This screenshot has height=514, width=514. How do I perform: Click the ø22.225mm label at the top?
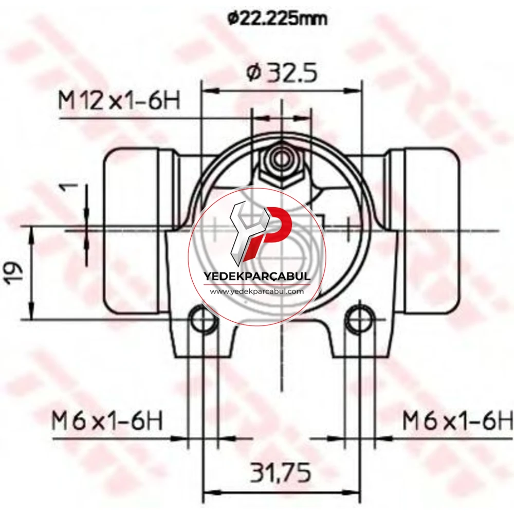[278, 20]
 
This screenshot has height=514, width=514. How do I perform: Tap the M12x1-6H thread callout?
[119, 101]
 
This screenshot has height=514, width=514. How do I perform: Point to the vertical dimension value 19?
[15, 271]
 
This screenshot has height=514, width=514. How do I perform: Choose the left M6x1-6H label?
[107, 421]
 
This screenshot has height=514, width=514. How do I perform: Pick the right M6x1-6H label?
[457, 421]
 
